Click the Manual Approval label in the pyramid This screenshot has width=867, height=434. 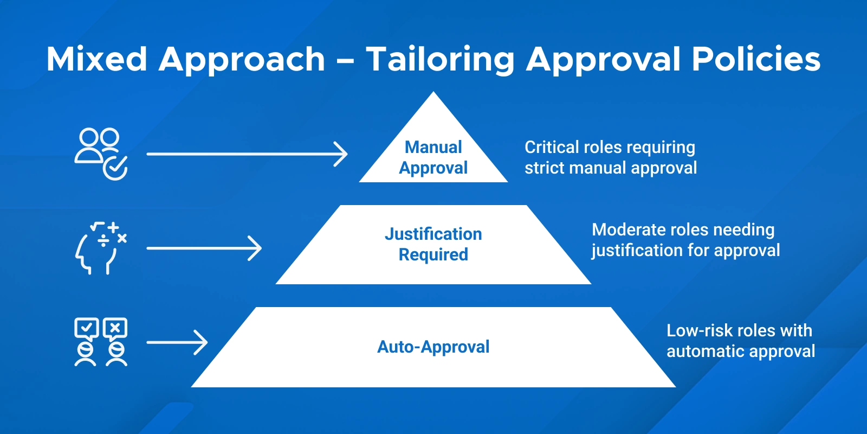[433, 157]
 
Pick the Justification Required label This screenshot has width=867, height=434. [433, 244]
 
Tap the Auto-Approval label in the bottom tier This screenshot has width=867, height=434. [433, 347]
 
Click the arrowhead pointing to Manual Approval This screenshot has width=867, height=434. [341, 154]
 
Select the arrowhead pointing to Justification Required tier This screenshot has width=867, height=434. [256, 248]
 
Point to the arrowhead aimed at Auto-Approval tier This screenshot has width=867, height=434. [202, 343]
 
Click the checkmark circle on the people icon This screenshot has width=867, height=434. [115, 168]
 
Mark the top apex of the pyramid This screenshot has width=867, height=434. [433, 93]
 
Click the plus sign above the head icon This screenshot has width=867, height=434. [113, 227]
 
